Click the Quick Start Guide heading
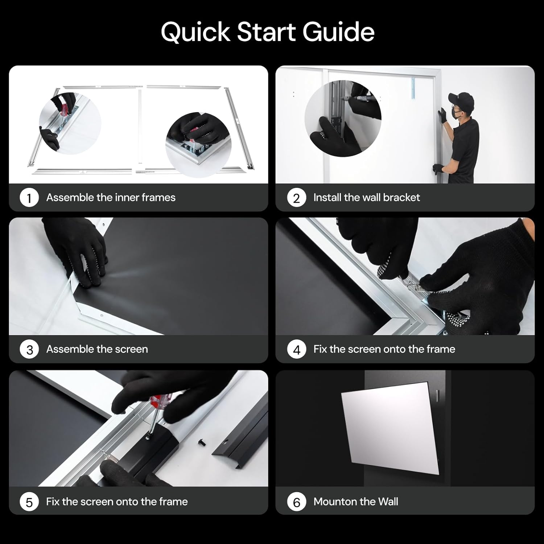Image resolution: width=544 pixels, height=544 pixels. coord(268,32)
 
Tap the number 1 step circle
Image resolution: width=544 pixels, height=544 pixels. coord(29,198)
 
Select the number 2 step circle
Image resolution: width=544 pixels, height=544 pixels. coord(296,198)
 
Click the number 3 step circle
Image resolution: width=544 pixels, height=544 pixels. coord(29,350)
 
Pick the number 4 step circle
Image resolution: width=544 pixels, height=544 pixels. coord(296,350)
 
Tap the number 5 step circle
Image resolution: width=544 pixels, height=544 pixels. coord(29,502)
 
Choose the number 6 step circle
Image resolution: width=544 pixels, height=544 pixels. coord(296,502)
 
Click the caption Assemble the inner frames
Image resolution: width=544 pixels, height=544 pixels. coord(111,198)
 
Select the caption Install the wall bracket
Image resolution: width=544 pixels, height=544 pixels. coord(366,198)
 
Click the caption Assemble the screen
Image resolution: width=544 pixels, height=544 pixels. coord(97,349)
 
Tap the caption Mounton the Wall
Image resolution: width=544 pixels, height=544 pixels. coord(355,502)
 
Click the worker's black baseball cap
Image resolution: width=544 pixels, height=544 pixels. coord(461,98)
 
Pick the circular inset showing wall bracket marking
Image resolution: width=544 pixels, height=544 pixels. coord(343,118)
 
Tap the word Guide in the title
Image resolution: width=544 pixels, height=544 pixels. coord(338,32)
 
